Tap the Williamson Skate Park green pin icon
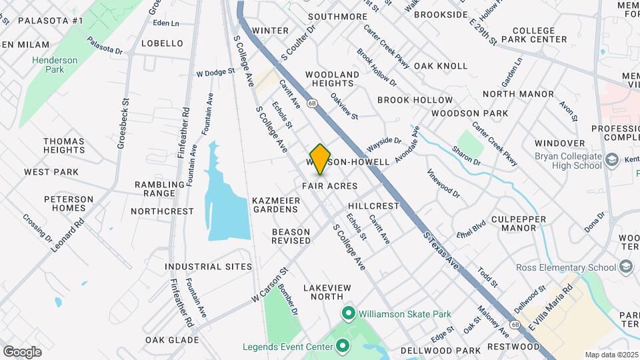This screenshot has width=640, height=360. pyautogui.click(x=348, y=313)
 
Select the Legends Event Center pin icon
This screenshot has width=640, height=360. pyautogui.click(x=342, y=346)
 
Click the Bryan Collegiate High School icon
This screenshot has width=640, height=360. pyautogui.click(x=611, y=161)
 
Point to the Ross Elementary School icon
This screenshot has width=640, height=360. pyautogui.click(x=625, y=267)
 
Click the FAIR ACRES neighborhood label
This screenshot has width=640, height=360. pyautogui.click(x=329, y=186)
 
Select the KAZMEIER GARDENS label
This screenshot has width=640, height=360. pyautogui.click(x=275, y=204)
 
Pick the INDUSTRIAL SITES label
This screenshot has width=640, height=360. pyautogui.click(x=209, y=267)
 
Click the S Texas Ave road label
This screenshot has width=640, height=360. pyautogui.click(x=443, y=251)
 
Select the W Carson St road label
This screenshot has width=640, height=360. pyautogui.click(x=269, y=285)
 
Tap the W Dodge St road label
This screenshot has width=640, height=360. pyautogui.click(x=215, y=71)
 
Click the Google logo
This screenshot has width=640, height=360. pyautogui.click(x=22, y=351)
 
